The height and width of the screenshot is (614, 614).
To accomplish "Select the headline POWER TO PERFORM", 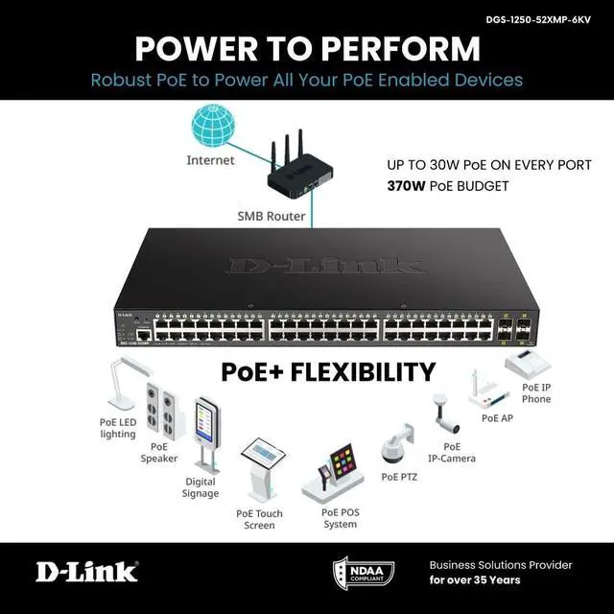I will coord(307,48).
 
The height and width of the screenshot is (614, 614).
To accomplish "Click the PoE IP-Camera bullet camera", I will coord(445,413).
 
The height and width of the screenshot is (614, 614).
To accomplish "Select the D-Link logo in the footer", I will coord(86,573).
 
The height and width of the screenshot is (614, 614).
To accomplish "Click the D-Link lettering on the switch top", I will coord(325,266).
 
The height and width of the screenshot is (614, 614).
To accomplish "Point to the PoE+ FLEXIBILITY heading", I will coord(328,371).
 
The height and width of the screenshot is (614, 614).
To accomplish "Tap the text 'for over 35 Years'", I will coord(477,580).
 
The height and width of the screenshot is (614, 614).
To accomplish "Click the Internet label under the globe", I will coord(210,160).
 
